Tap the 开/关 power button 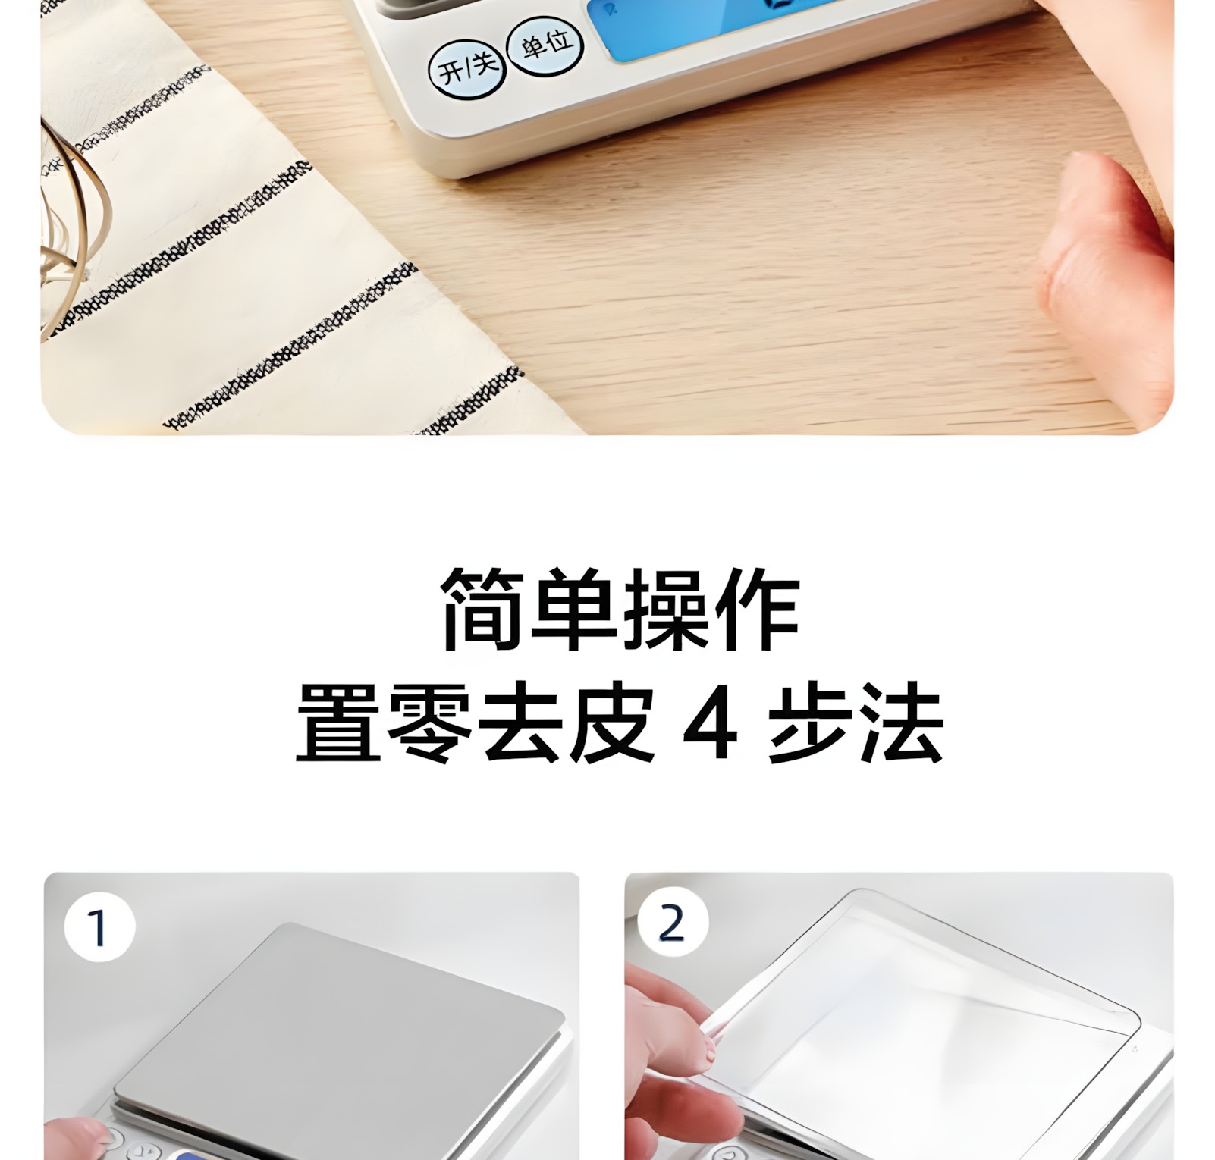tap(466, 69)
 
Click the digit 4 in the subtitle tap(711, 723)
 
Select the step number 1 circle tap(99, 927)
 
